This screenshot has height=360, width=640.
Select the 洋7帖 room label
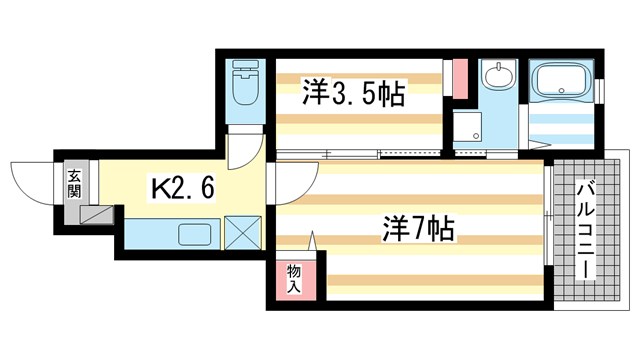point(417,230)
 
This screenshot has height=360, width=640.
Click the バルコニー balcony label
point(585,232)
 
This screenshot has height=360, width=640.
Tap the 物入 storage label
point(294,278)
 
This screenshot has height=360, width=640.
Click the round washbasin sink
point(497,77)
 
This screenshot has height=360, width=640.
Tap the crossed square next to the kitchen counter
point(241,235)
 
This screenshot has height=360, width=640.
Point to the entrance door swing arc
point(32,182)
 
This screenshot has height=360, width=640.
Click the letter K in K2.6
point(159,187)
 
